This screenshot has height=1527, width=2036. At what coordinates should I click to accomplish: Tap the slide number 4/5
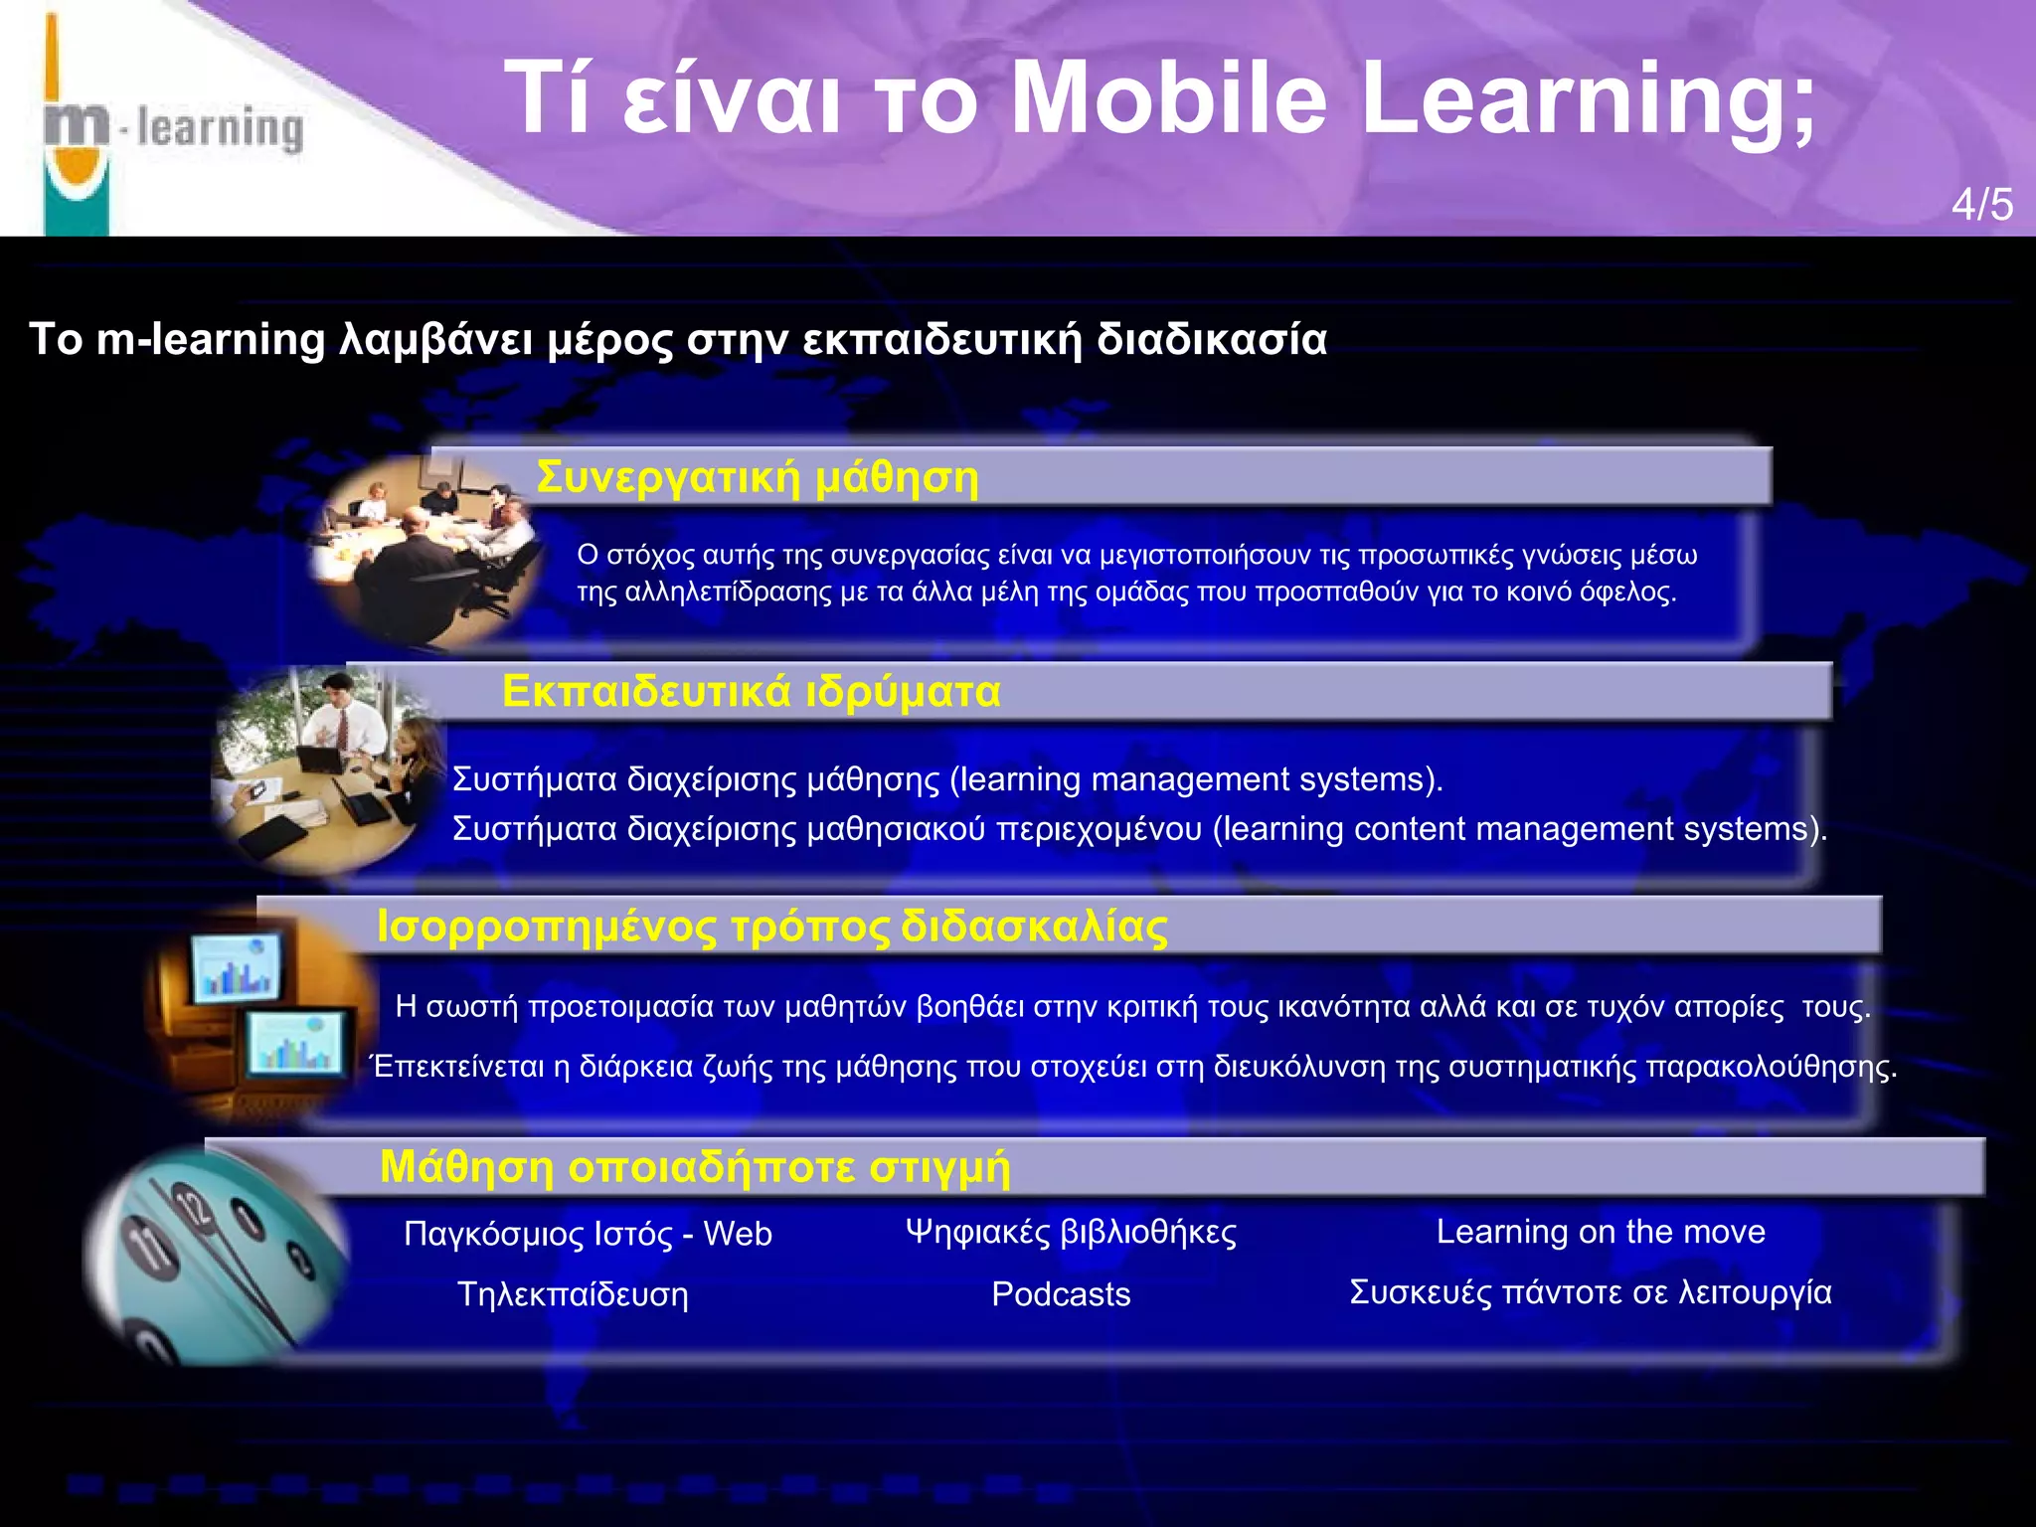click(x=1981, y=205)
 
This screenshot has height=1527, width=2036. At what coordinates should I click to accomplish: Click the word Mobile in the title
click(x=1167, y=97)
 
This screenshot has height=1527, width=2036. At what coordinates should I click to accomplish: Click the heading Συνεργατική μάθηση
click(x=758, y=477)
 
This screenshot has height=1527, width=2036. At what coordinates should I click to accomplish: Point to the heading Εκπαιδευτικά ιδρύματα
click(x=751, y=691)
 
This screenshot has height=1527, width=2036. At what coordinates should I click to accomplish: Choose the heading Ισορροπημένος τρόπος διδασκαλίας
click(x=772, y=927)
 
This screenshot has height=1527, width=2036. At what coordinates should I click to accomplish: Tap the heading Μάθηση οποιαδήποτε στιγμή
click(x=695, y=1166)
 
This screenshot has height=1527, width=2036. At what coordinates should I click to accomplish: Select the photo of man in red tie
click(x=328, y=770)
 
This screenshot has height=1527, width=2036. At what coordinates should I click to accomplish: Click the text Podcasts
click(x=1061, y=1294)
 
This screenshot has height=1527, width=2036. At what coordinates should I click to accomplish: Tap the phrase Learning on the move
click(x=1601, y=1232)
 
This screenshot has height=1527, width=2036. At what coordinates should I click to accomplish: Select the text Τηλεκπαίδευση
click(x=573, y=1294)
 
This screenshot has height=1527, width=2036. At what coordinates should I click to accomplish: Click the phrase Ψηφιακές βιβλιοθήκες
click(x=1071, y=1232)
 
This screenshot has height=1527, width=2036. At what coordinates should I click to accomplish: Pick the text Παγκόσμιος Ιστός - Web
click(x=588, y=1234)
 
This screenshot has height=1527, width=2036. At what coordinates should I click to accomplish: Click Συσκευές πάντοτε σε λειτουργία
click(x=1590, y=1292)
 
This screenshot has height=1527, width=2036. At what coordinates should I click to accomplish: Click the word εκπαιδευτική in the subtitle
click(x=941, y=340)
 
